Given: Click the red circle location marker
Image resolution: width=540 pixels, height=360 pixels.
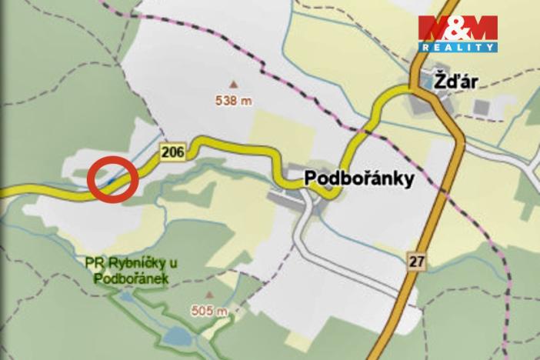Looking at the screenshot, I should (112, 179).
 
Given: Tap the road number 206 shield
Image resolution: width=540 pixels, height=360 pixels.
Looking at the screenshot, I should (173, 153).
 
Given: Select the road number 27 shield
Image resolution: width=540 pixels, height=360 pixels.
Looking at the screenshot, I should (416, 262).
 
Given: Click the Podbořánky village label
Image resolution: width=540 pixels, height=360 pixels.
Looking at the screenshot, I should (359, 178).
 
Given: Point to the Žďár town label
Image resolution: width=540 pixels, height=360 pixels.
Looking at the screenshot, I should (451, 79).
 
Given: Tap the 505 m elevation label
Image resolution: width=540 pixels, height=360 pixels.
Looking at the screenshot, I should (209, 311).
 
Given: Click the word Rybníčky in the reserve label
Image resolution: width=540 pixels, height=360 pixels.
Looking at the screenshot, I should (135, 265).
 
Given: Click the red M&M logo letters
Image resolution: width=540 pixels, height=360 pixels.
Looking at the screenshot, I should (458, 29).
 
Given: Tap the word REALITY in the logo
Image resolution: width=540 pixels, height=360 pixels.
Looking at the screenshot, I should (458, 48).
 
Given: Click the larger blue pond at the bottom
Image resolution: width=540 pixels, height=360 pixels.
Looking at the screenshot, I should (178, 336).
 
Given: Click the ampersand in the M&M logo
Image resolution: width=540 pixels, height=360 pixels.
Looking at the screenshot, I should (458, 29).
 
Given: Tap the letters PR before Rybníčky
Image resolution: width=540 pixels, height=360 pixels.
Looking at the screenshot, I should (95, 265).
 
